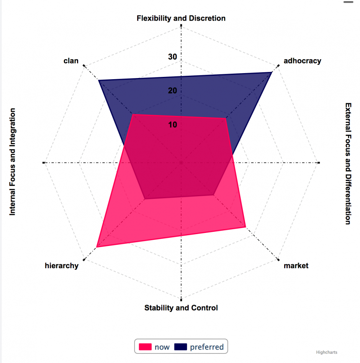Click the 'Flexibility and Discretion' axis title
(181, 18)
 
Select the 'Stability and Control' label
(181, 308)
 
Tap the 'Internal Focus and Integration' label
(13, 161)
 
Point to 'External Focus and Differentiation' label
(348, 163)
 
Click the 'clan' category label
(71, 61)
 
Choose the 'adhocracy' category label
(302, 61)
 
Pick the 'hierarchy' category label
(62, 266)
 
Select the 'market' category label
(296, 266)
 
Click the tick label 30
(172, 57)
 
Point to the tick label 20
(172, 91)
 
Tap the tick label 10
(172, 125)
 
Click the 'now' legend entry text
(162, 347)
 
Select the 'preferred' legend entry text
(207, 347)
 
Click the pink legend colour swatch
(145, 347)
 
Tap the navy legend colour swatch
(180, 347)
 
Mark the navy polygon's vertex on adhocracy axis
(271, 72)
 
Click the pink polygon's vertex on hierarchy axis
(97, 247)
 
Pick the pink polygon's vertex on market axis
(245, 227)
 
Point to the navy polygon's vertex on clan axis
(99, 80)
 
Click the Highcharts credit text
(326, 352)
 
